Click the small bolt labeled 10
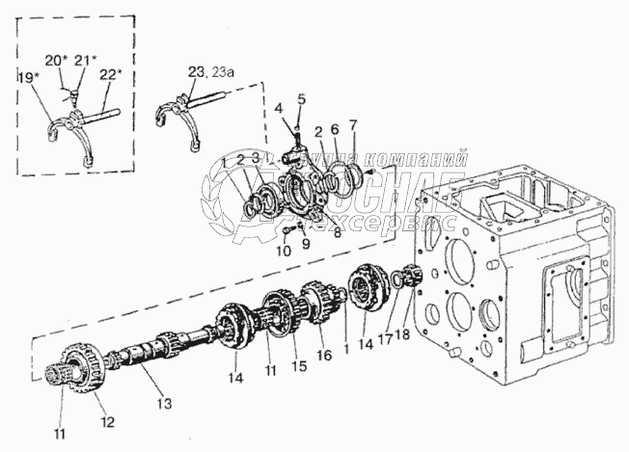(288, 232)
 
